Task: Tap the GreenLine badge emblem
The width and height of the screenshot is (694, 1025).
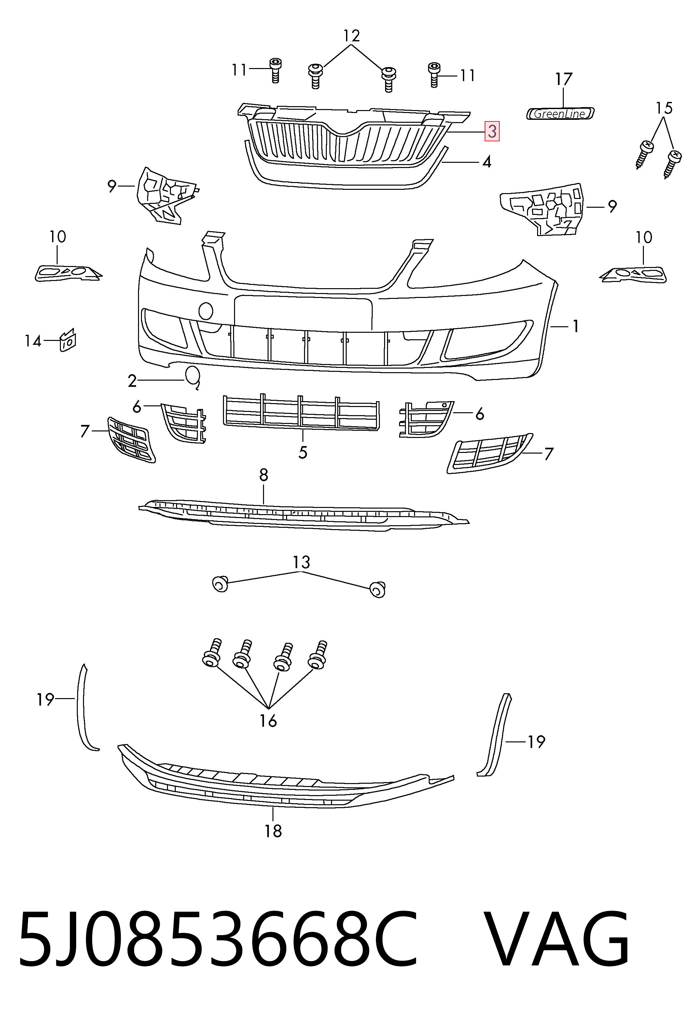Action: (x=561, y=114)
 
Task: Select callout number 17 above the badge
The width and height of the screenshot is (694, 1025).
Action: (x=563, y=79)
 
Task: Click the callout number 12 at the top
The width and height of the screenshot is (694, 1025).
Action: (x=352, y=36)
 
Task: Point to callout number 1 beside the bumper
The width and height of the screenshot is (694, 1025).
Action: (x=576, y=326)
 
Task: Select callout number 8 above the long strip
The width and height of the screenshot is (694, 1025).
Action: (x=263, y=475)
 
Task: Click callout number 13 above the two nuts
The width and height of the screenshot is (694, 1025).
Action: (x=301, y=562)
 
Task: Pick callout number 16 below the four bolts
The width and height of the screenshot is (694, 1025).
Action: (x=268, y=721)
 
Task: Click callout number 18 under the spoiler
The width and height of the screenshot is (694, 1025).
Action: (x=273, y=831)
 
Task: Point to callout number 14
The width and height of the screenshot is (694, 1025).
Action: (x=33, y=341)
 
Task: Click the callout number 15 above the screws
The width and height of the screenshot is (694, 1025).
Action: (x=664, y=108)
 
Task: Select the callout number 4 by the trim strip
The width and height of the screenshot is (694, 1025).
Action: (x=487, y=162)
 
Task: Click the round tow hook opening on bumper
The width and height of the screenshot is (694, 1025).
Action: (x=206, y=311)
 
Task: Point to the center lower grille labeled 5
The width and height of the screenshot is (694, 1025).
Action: (x=301, y=412)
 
